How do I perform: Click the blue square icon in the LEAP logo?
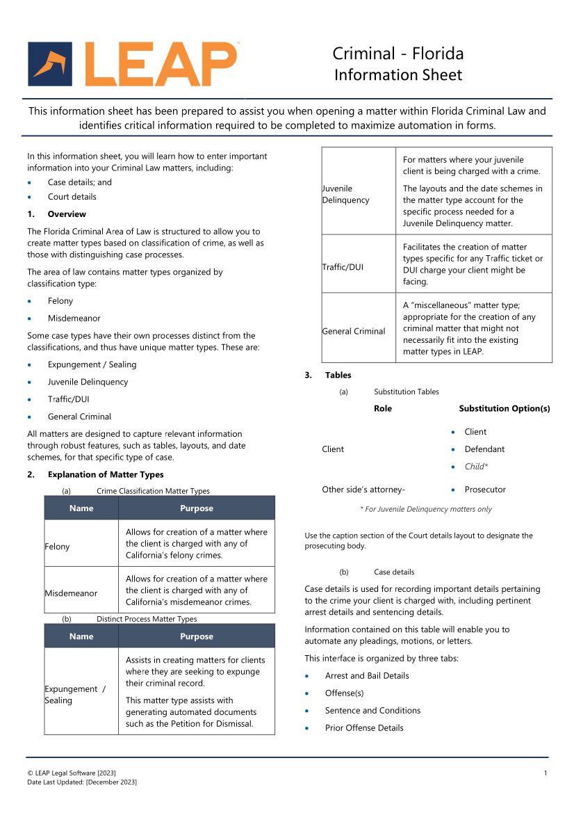pos(50,64)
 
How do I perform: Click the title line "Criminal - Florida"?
pos(397,54)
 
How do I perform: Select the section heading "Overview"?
pos(67,214)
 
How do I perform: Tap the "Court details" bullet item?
pos(72,197)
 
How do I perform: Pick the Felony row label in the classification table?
pos(58,547)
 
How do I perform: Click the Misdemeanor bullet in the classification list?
pos(74,319)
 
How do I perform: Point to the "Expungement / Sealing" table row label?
pos(75,695)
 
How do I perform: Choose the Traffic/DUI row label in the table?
pos(343,267)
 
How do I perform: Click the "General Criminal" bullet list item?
pos(79,417)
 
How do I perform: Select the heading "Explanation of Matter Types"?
pos(106,475)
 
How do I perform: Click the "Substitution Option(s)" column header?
pos(504,409)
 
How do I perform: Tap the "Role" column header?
pos(383,409)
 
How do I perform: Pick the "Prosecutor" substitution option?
pos(485,490)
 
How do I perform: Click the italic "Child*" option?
pos(476,467)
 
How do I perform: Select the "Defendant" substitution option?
pos(484,449)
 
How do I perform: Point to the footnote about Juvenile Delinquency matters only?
pos(425,509)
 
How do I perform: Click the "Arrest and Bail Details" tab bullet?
pos(367,676)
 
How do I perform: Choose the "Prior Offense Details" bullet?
pos(364,728)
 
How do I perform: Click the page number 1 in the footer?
pos(546,773)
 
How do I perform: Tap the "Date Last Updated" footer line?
pos(82,782)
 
